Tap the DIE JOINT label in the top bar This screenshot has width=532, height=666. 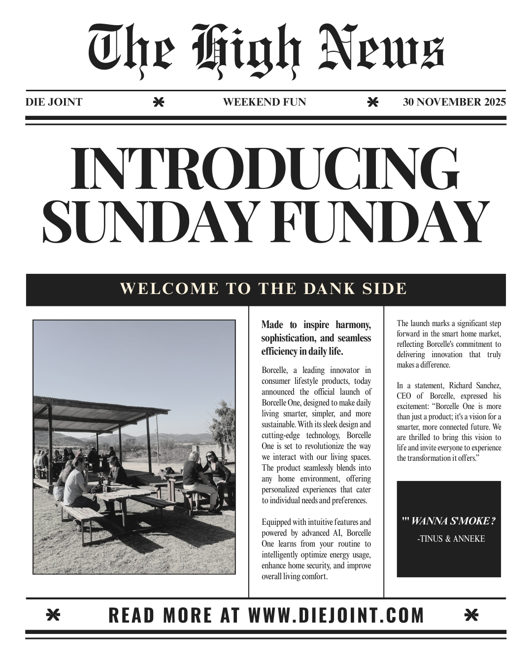(x=54, y=103)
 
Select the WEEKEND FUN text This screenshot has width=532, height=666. (x=265, y=103)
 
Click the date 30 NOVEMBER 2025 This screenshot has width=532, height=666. (x=454, y=103)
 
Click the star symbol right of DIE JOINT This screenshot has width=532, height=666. (x=158, y=103)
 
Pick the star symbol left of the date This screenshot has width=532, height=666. (x=373, y=103)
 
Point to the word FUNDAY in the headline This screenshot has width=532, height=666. (x=379, y=221)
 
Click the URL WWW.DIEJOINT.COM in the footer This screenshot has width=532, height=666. (x=336, y=615)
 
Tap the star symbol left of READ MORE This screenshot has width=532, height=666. (x=53, y=615)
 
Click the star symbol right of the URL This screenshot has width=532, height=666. (x=471, y=615)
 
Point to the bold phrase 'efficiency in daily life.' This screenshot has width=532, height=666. (x=302, y=352)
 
